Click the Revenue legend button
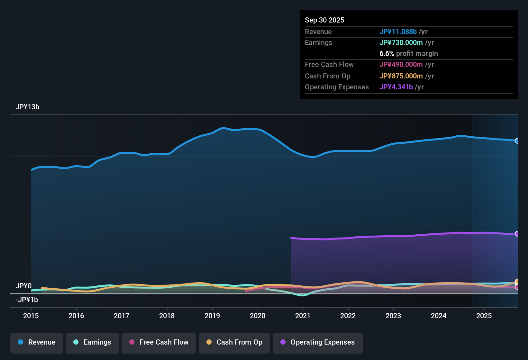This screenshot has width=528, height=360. click(x=37, y=342)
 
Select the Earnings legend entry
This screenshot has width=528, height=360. click(x=92, y=342)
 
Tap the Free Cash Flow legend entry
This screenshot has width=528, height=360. click(x=159, y=342)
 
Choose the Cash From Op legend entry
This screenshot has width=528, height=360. click(x=234, y=342)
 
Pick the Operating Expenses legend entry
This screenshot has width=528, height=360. click(x=318, y=342)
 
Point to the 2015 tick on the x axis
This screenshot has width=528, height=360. click(x=31, y=316)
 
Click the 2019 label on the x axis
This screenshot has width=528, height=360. click(x=212, y=316)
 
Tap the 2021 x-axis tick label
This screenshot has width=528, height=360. click(x=303, y=316)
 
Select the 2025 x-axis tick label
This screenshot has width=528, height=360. click(x=484, y=316)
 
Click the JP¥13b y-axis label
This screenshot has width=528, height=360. click(x=27, y=107)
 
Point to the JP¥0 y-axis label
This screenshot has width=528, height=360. click(x=23, y=286)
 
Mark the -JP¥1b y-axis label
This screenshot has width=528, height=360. click(x=27, y=300)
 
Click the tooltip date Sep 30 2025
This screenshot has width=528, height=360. click(x=324, y=20)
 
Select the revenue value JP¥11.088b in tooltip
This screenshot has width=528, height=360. click(x=398, y=32)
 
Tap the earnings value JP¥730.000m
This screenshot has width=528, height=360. click(x=401, y=42)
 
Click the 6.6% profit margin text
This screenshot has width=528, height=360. click(x=408, y=53)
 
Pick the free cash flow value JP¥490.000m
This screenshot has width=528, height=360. click(x=401, y=64)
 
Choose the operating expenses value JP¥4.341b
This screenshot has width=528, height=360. click(x=396, y=87)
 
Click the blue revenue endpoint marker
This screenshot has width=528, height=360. click(x=517, y=141)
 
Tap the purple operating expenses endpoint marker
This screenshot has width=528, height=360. click(x=517, y=234)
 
